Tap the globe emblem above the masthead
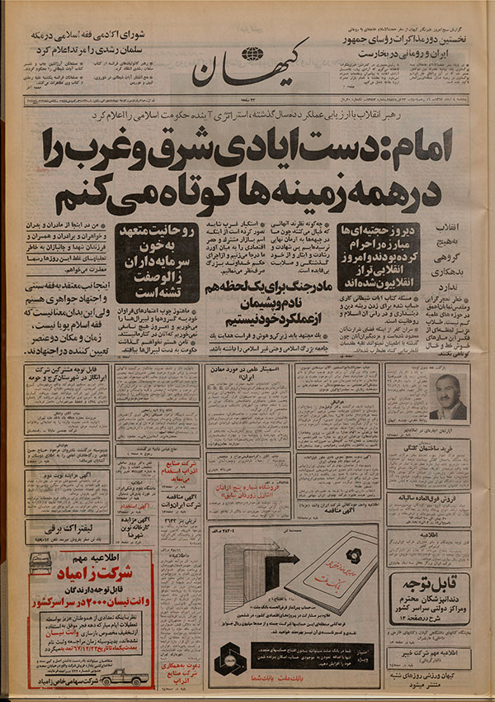[x=254, y=55]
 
